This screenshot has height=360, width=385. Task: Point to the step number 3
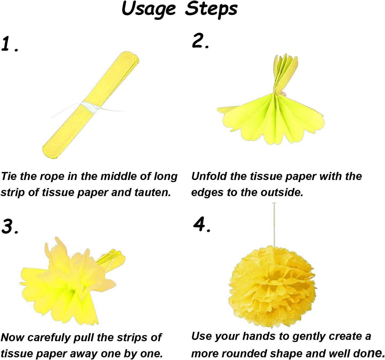(x=10, y=226)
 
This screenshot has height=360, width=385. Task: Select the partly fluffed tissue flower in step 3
(x=70, y=279)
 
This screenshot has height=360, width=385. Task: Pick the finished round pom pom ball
(x=271, y=287)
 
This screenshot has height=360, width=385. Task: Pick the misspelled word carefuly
(x=49, y=337)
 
